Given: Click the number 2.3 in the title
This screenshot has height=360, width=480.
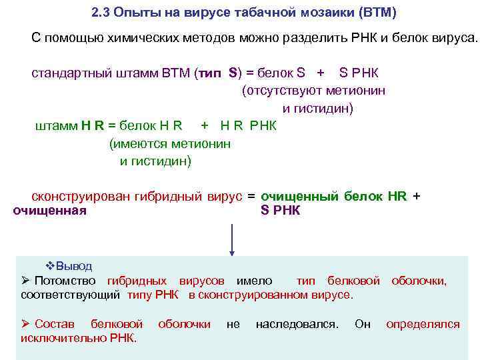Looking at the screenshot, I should (101, 13).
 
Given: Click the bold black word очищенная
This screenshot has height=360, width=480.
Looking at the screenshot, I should (50, 211).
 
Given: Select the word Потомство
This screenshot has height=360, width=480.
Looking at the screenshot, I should (64, 281).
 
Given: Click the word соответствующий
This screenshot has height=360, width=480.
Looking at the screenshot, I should (71, 295).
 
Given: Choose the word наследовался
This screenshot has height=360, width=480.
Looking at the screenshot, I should (297, 324).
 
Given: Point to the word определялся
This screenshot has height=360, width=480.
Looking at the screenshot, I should (423, 324).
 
